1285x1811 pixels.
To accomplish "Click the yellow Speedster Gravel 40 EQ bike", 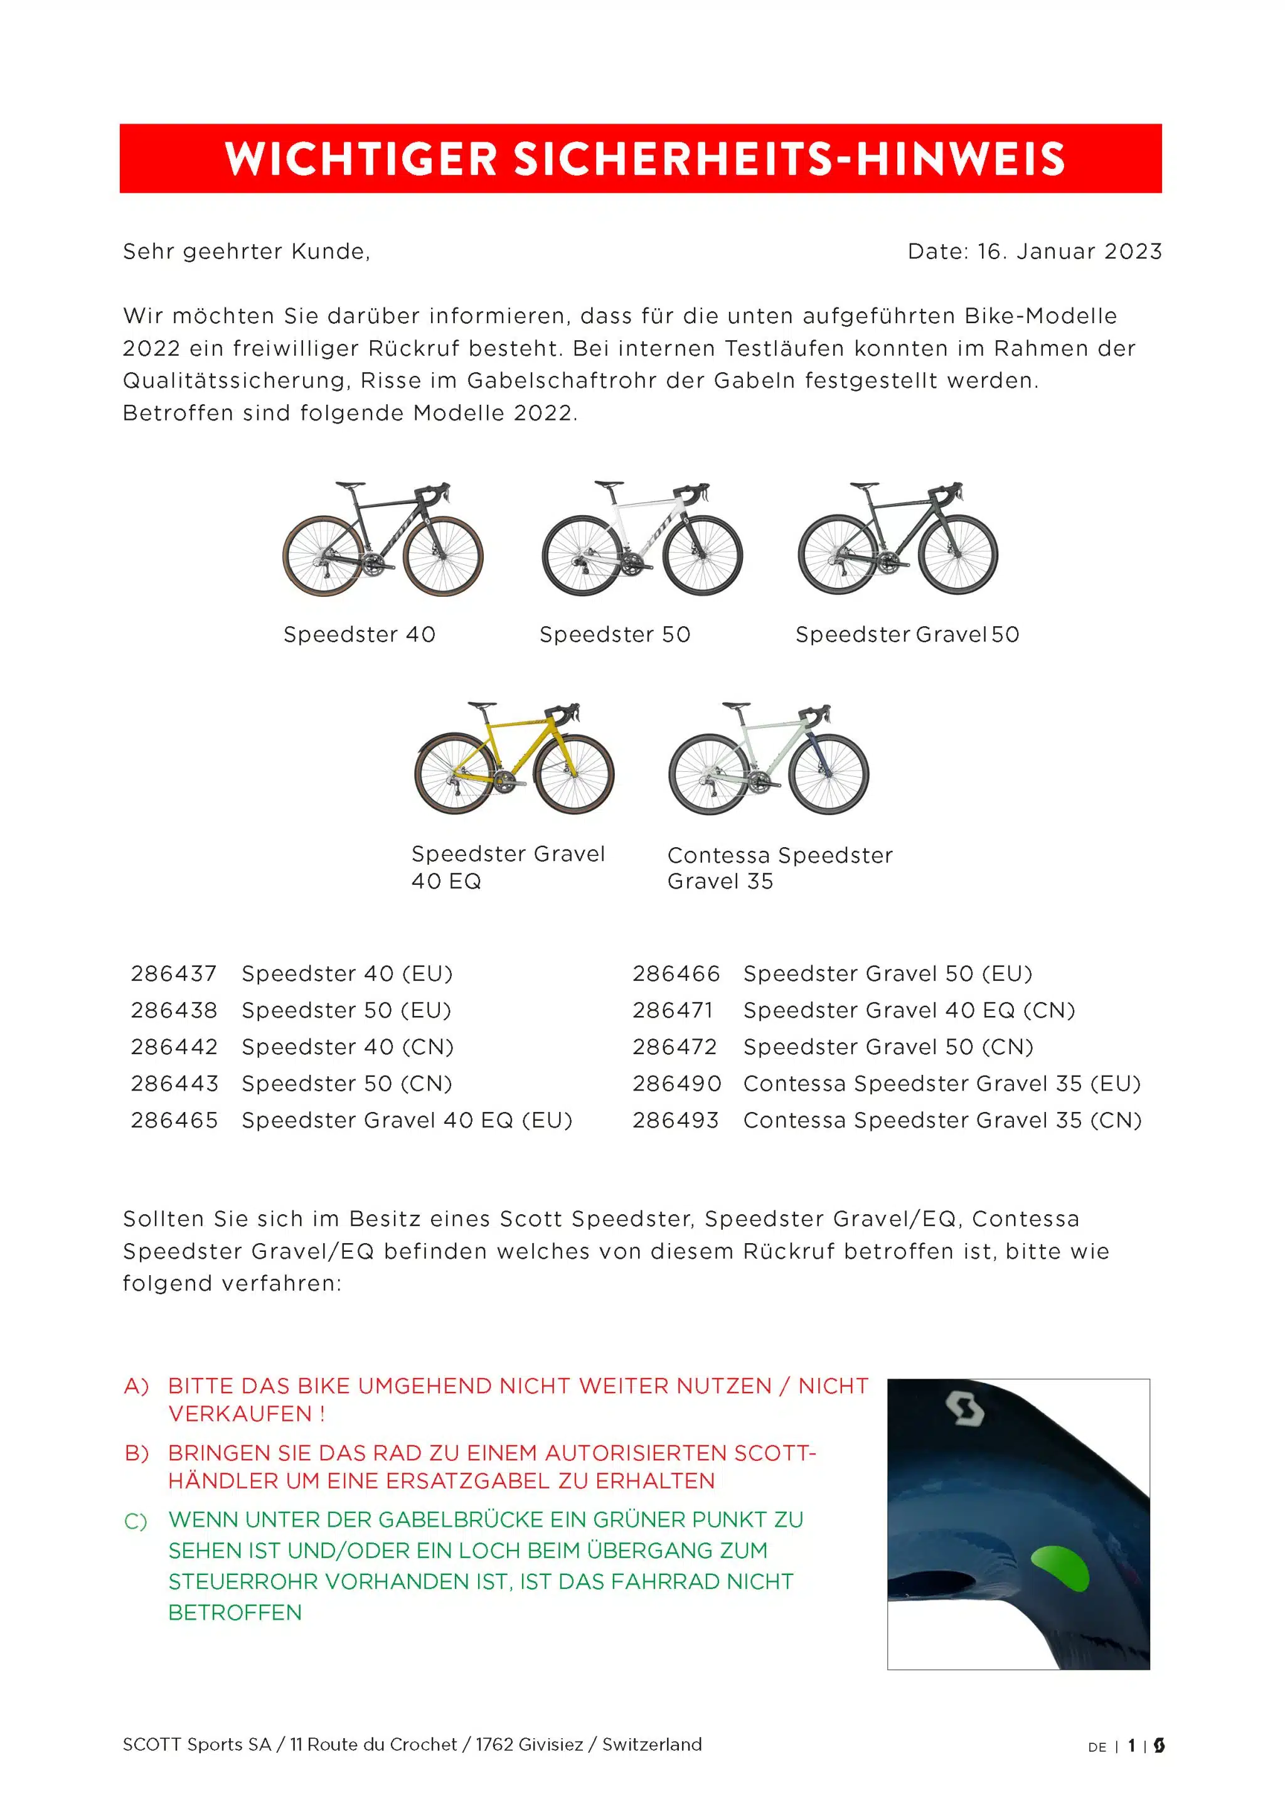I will click(x=515, y=759).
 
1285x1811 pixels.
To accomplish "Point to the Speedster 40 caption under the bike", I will click(x=360, y=634).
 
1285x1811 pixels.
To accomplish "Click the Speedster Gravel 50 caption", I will click(x=907, y=634).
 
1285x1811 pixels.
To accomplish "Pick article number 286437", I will click(x=174, y=974).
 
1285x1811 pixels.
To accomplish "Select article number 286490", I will click(x=676, y=1084).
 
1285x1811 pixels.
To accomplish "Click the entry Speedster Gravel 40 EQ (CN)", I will click(x=909, y=1010).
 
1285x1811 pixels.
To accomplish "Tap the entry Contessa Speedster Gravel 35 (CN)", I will click(x=942, y=1120).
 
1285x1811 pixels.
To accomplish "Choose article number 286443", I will click(x=174, y=1084).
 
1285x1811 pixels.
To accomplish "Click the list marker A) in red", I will click(x=136, y=1386).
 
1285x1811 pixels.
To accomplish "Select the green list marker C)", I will click(x=136, y=1522).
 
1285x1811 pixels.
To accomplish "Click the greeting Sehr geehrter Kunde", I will click(x=246, y=252).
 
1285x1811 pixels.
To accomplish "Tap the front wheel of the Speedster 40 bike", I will click(x=443, y=555).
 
